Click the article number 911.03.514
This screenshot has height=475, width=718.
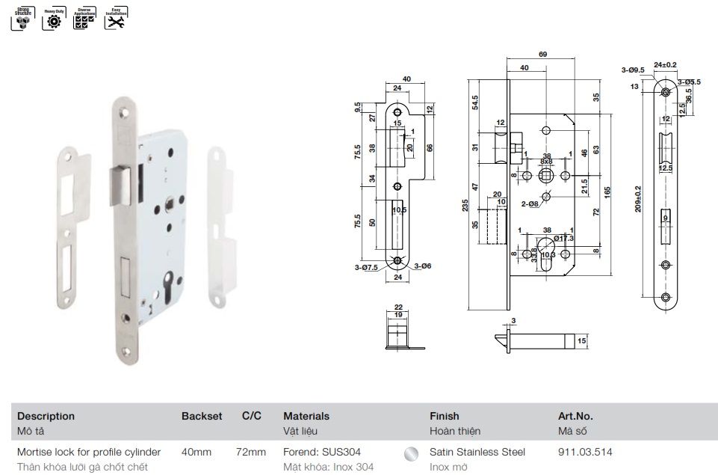click(586, 452)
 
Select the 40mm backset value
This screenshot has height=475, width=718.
click(196, 452)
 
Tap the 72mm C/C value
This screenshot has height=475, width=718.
click(251, 452)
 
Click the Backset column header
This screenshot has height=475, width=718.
click(202, 416)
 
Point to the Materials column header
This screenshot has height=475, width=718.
click(306, 416)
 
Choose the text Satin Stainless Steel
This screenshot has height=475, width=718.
click(477, 452)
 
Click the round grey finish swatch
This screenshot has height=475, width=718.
click(409, 453)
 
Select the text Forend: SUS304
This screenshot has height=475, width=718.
click(326, 452)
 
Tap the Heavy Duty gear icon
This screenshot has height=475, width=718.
click(53, 20)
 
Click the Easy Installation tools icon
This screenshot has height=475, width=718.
click(114, 20)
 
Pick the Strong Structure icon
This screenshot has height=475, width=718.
click(22, 20)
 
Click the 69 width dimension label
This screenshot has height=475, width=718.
click(542, 55)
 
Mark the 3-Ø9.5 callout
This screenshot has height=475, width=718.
click(633, 70)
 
